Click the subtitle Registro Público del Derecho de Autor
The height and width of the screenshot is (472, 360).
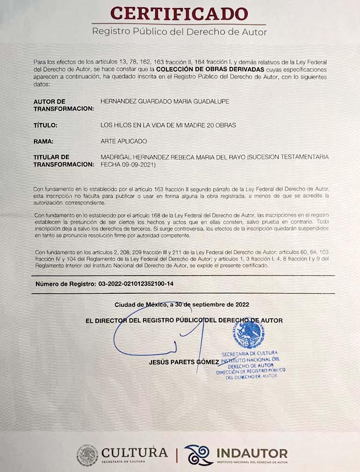point(180,32)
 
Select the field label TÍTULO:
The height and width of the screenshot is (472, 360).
point(45,125)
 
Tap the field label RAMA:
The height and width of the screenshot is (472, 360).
point(43,141)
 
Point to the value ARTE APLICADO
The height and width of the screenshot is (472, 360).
point(123,141)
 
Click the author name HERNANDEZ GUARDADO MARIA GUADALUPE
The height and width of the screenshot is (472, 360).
point(165,102)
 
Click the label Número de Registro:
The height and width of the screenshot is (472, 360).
point(64,284)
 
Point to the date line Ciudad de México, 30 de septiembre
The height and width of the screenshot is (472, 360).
point(181,305)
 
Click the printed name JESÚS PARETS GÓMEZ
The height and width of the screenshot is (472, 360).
point(183,362)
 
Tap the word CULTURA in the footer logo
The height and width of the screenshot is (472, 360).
point(134,452)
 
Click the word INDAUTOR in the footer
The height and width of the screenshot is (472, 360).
point(252,453)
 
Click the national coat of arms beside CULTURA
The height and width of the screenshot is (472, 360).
point(87,456)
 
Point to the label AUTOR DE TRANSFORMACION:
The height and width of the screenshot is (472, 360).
point(64,105)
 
